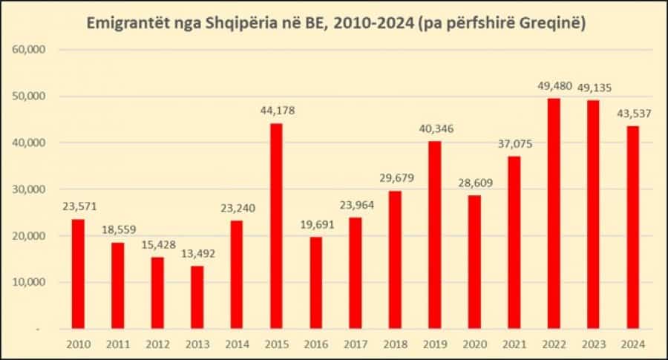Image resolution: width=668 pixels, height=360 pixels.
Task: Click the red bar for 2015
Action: point(276,226)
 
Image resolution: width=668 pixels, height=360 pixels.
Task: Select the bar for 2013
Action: point(197,297)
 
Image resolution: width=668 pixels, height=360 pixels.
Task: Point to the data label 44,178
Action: point(276,111)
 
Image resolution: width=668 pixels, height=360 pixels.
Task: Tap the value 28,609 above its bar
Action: point(474,183)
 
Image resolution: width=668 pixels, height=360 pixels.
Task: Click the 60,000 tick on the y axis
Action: point(30,50)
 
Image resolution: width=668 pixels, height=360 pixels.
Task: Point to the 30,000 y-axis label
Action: point(30,189)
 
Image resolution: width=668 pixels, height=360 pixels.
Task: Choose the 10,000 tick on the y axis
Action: point(30,282)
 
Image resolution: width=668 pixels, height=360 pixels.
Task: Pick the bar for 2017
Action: point(356,272)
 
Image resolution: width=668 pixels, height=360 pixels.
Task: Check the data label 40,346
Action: point(435,129)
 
